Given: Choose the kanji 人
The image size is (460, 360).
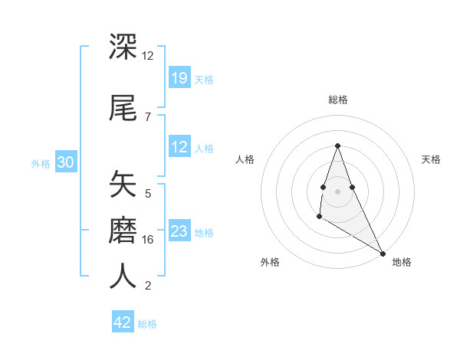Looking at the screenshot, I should click(x=123, y=276).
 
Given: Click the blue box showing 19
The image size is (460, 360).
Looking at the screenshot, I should click(x=179, y=78).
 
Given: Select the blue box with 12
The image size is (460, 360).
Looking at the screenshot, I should click(x=179, y=147).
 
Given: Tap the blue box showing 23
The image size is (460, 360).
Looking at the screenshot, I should click(x=179, y=231).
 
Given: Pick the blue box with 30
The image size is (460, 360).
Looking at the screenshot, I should click(x=65, y=162).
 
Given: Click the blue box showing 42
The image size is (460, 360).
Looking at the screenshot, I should click(x=123, y=322).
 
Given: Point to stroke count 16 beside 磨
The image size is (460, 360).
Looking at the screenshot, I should click(x=148, y=240).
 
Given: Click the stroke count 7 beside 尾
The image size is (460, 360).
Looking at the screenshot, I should click(x=148, y=116).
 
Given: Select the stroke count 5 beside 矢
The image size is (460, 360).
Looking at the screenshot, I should click(x=148, y=194).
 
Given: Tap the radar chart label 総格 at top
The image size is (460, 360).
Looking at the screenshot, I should click(x=337, y=100).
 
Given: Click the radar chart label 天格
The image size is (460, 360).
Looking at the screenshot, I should click(x=431, y=159).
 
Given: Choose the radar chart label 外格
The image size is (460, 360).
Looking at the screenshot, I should click(x=270, y=262).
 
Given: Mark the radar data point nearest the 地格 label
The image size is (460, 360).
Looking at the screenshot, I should click(x=383, y=253).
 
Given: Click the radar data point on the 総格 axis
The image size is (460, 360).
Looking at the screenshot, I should click(x=337, y=146).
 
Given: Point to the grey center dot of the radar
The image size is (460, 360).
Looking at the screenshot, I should click(x=337, y=190).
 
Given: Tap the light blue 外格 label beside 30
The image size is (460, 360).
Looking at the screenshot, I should click(x=40, y=163).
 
